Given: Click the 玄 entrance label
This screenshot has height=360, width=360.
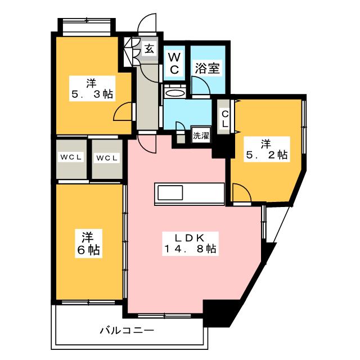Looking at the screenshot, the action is click(x=149, y=49).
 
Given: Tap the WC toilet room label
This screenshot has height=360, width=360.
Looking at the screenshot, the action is click(x=174, y=64).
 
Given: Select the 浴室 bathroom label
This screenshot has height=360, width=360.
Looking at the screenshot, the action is click(x=208, y=68).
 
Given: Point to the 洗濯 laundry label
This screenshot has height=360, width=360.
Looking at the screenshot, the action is click(x=201, y=136).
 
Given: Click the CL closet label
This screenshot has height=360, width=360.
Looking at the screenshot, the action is click(x=225, y=119).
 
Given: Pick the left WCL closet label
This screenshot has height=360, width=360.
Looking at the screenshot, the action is click(x=71, y=157).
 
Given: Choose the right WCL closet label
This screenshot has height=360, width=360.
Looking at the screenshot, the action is click(x=107, y=158).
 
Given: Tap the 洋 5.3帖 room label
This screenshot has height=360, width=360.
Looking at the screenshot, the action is click(x=92, y=89).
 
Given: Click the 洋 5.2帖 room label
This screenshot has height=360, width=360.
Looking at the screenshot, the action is click(x=267, y=150).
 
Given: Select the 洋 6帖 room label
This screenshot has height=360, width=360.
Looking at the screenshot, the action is click(x=88, y=244).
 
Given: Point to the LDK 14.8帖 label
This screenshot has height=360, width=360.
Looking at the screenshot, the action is click(x=190, y=244).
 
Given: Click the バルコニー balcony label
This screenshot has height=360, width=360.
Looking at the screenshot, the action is click(x=127, y=330).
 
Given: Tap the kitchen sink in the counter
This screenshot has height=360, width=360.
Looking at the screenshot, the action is click(x=170, y=192).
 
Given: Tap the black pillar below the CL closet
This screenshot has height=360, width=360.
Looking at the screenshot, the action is click(x=223, y=146).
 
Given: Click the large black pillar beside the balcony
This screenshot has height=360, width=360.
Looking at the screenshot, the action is click(x=219, y=313).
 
